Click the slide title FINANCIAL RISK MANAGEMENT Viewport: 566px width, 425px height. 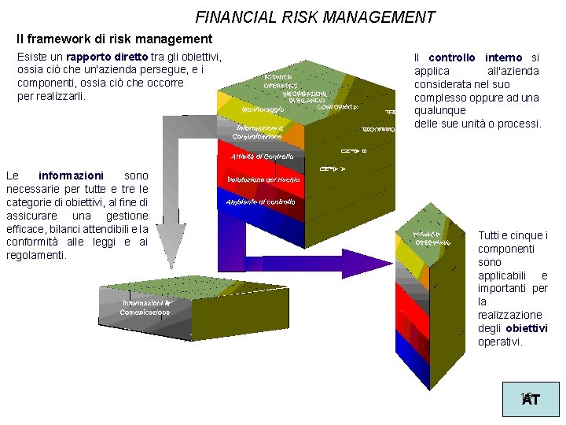(314, 17)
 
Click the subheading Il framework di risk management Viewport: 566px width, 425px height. (115, 39)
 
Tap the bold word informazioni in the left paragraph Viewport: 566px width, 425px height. (71, 176)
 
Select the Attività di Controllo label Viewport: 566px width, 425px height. (263, 157)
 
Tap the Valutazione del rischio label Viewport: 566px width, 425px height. (263, 180)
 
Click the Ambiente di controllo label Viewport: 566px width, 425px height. (260, 202)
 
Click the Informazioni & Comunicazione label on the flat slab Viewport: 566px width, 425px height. (145, 308)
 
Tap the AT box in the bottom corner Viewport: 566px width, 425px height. (531, 399)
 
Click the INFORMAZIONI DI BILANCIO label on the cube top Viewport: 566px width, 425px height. (307, 96)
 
